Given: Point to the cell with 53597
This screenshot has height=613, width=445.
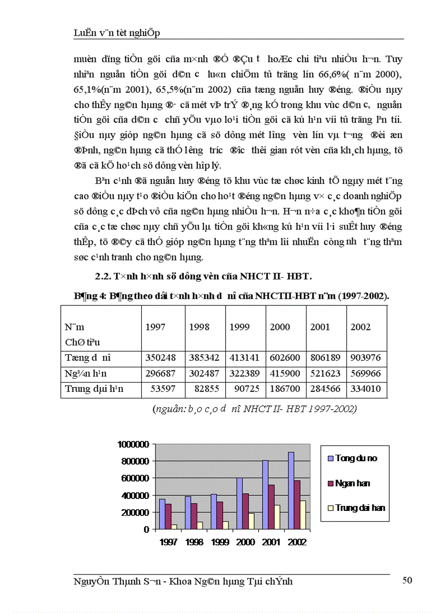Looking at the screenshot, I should (x=162, y=389).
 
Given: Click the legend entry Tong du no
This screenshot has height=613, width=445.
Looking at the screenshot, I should (x=356, y=459).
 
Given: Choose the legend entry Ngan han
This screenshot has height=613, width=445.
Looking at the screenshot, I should (x=353, y=483).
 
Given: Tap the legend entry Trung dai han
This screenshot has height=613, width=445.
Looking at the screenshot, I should (x=360, y=508).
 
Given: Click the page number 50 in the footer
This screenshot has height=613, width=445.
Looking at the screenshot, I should (x=407, y=580).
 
